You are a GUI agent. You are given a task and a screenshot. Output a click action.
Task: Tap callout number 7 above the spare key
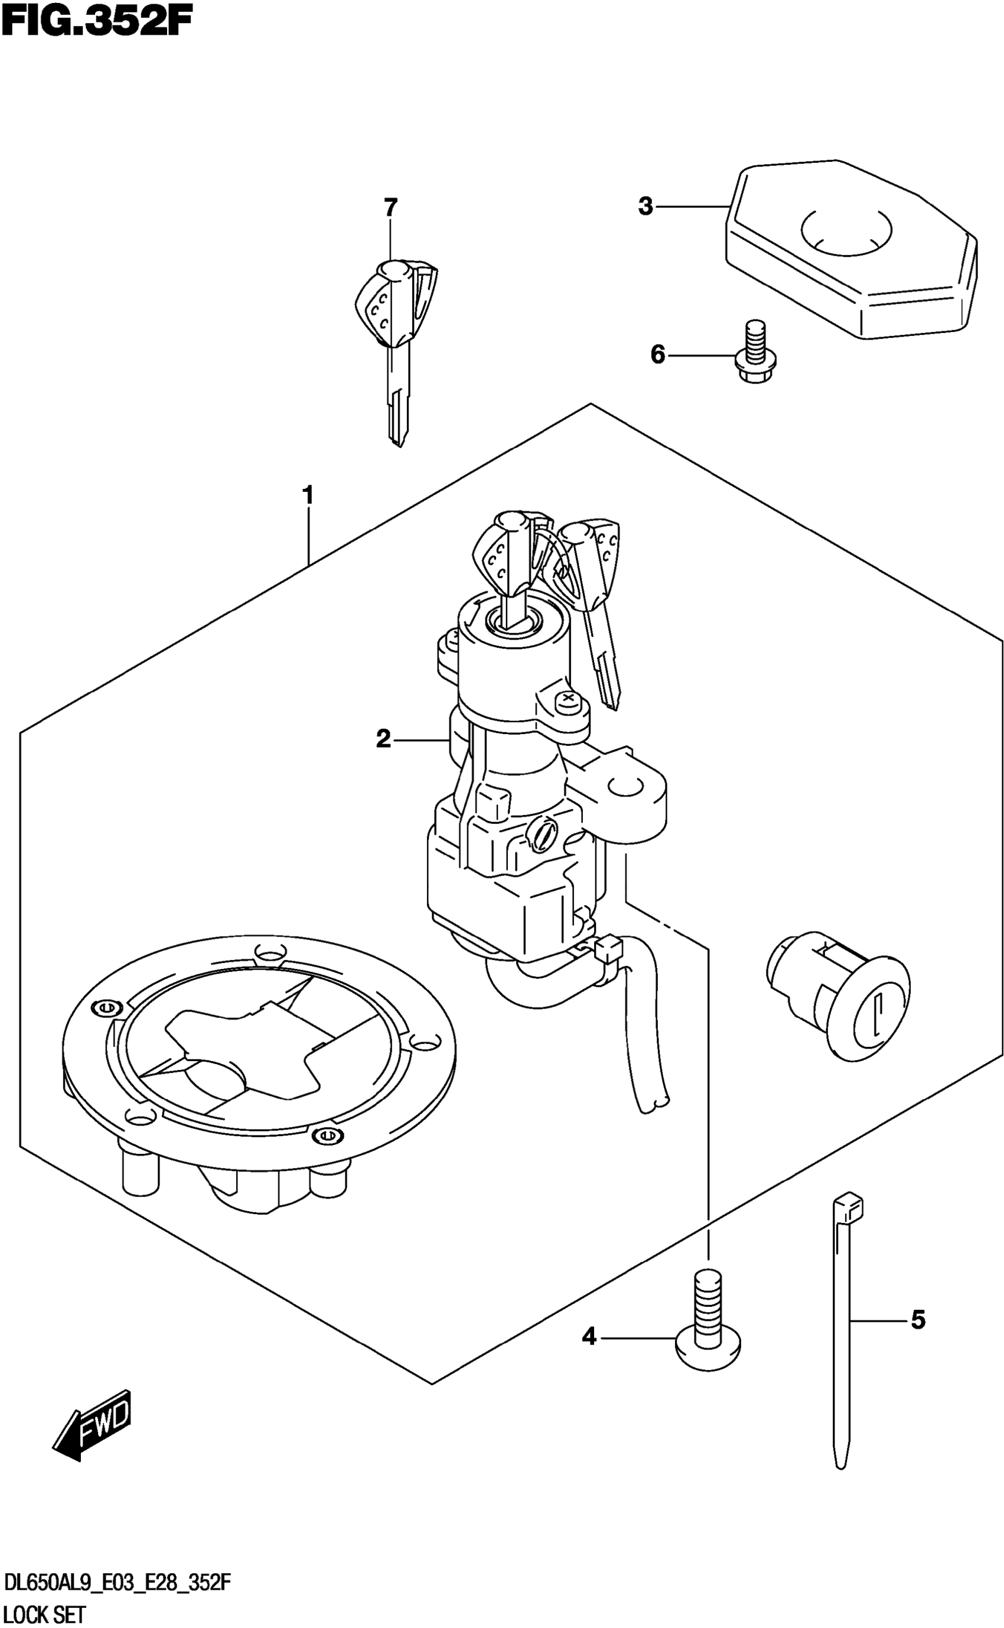390,208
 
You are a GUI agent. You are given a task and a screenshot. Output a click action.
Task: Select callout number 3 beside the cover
646,207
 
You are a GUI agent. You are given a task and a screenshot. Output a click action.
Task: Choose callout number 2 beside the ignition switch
383,738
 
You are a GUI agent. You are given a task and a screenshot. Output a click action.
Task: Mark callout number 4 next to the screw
589,1336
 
